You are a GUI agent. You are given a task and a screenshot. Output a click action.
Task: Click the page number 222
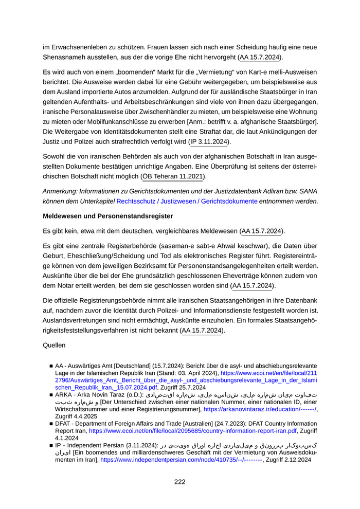tap(179, 482)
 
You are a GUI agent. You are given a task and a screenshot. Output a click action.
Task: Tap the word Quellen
tap(55, 346)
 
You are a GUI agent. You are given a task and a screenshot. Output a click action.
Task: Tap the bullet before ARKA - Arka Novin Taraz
tap(51, 395)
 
